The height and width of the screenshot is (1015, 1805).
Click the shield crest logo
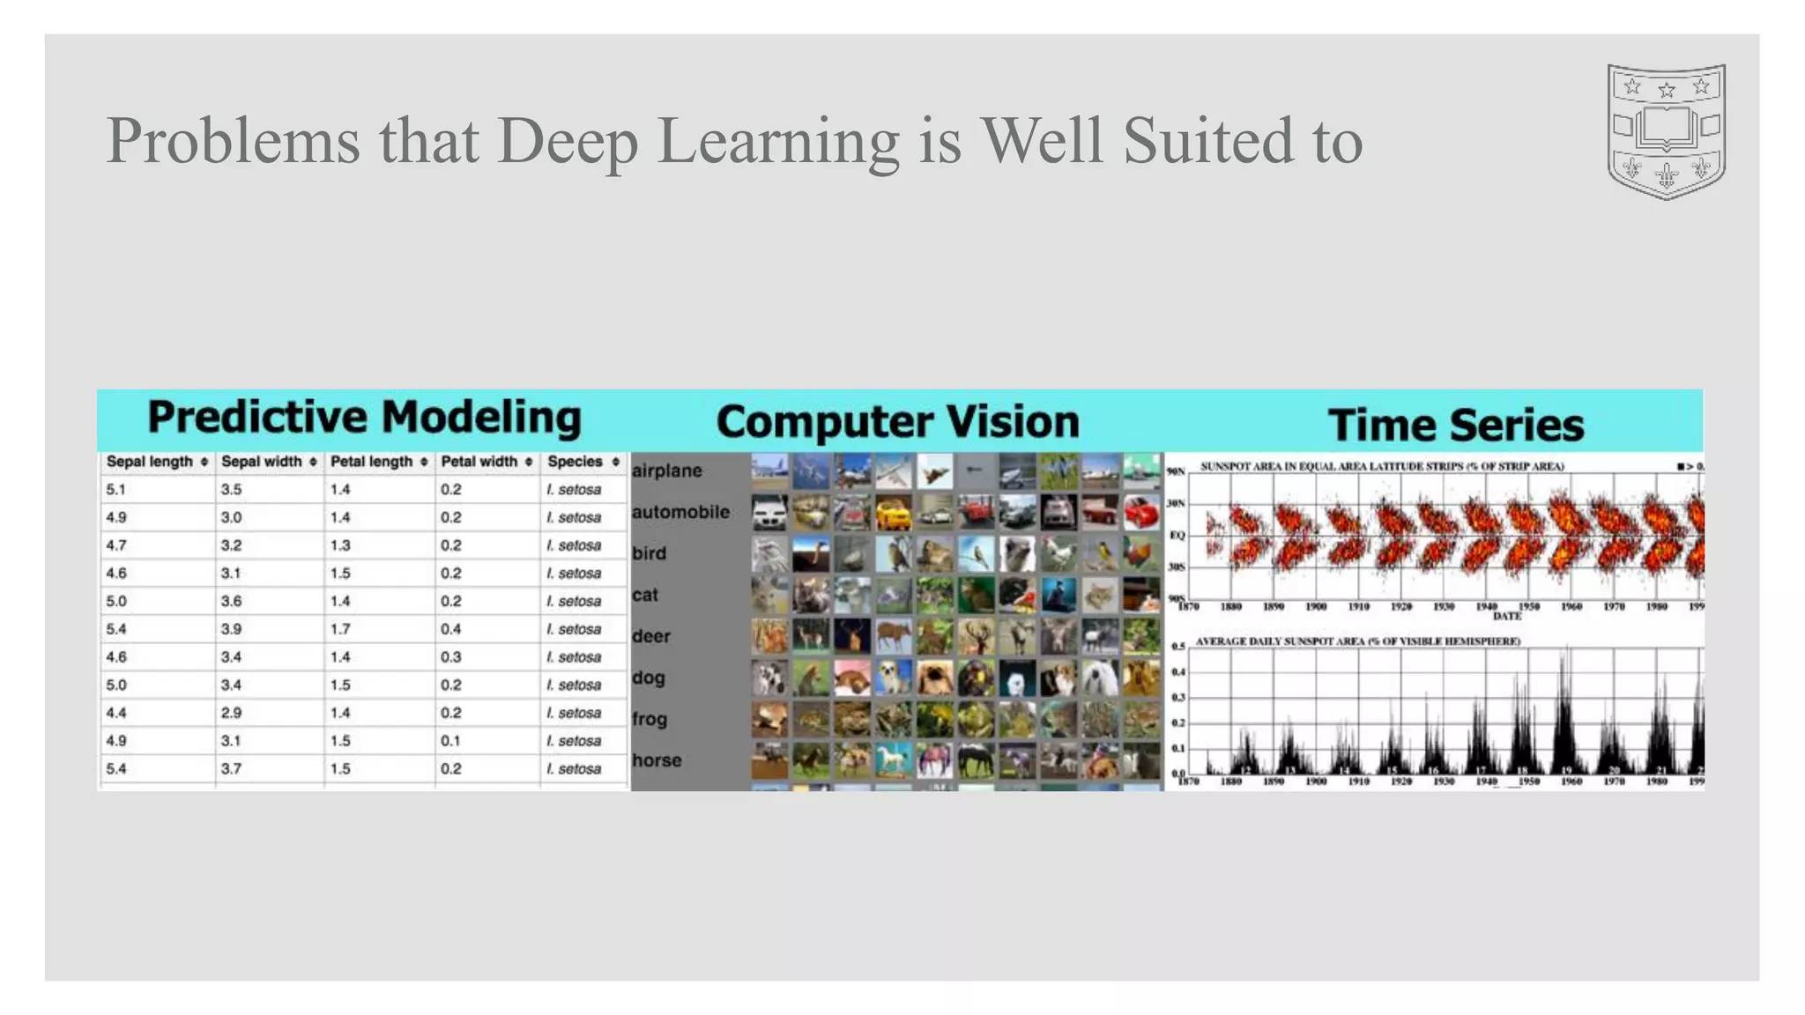click(1666, 131)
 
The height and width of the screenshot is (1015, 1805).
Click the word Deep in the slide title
click(567, 141)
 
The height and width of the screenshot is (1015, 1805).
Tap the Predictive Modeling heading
click(364, 418)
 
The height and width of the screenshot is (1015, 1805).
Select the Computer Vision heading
click(897, 422)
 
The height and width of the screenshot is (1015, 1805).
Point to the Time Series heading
click(1455, 425)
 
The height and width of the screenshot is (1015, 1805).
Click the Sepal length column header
click(150, 462)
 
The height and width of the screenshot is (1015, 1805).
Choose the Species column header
click(575, 462)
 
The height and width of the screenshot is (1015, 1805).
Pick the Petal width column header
click(479, 462)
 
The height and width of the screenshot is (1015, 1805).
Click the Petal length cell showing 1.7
click(340, 629)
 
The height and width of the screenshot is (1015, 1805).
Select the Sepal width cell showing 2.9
click(231, 713)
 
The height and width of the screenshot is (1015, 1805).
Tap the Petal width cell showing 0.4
click(450, 629)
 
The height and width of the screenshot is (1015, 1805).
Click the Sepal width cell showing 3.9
click(231, 629)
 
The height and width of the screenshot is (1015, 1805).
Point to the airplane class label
click(667, 470)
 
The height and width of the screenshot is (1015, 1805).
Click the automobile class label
click(680, 512)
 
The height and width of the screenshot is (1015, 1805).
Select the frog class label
click(650, 719)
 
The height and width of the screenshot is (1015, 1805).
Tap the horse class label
click(657, 760)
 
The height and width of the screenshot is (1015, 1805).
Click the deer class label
click(651, 636)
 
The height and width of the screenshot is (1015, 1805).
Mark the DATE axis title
click(1507, 616)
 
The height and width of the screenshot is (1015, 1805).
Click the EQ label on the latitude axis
click(1177, 535)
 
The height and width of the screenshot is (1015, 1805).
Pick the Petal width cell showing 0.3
click(450, 657)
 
